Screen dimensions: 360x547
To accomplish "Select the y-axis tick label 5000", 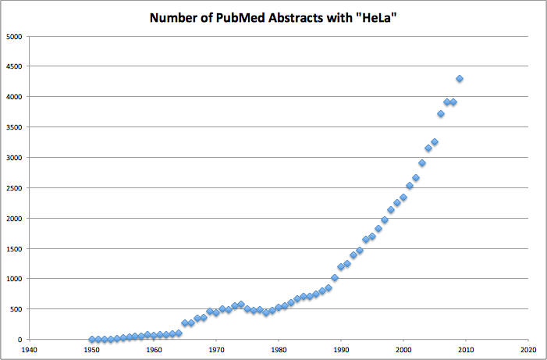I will (x=13, y=36).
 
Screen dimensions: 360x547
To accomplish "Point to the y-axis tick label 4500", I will (x=13, y=66).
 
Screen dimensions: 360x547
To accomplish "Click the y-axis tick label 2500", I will (x=13, y=187).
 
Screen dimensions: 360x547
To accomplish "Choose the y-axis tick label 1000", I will (x=13, y=279).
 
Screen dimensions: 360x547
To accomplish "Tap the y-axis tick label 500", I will (x=16, y=309).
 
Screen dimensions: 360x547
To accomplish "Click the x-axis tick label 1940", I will (x=30, y=351).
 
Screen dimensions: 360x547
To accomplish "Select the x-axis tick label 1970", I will (x=216, y=351).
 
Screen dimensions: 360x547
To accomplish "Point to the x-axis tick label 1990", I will (x=341, y=351).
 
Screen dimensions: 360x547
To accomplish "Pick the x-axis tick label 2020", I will (x=527, y=351).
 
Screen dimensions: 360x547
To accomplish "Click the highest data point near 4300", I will (x=460, y=79).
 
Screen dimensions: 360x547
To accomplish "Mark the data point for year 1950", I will (x=92, y=340).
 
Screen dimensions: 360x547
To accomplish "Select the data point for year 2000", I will (x=403, y=198).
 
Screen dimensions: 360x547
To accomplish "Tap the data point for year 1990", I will (x=341, y=267).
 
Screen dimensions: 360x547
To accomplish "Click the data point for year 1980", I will (x=279, y=308).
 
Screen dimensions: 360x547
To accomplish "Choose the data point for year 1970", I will (x=216, y=312).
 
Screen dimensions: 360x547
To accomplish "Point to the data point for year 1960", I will (x=154, y=336).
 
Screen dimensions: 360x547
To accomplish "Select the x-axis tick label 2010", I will (x=465, y=351).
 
